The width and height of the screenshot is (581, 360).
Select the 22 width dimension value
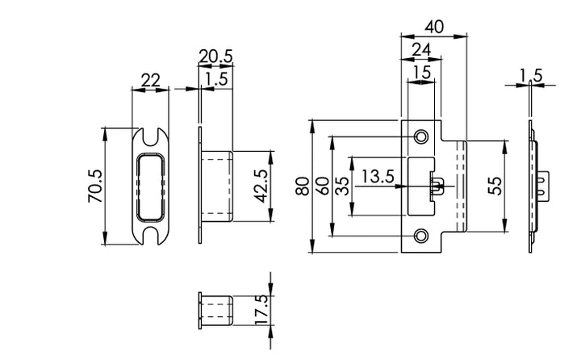[x=150, y=81]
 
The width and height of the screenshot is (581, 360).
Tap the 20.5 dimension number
[x=215, y=57]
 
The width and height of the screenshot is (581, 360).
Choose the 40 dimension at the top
[x=434, y=26]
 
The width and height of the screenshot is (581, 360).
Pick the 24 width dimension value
[x=421, y=50]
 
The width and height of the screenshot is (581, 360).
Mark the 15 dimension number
[x=421, y=72]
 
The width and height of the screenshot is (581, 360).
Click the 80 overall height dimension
[x=301, y=187]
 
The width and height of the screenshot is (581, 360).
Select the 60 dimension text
[x=322, y=187]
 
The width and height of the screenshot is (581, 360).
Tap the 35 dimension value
[x=341, y=187]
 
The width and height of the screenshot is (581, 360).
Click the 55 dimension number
[x=496, y=187]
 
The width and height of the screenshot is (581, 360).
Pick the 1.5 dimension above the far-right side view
[x=531, y=76]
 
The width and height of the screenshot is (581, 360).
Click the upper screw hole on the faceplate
[x=420, y=137]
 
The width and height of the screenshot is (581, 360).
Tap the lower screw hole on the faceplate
[x=420, y=236]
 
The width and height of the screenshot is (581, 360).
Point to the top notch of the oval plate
[x=151, y=130]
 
